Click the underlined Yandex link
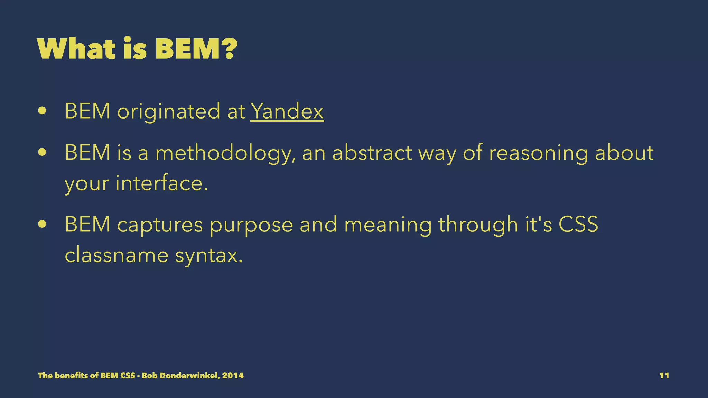(287, 111)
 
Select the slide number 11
(664, 376)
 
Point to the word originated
(168, 112)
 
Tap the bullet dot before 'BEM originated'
(43, 111)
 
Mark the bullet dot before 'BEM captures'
(43, 224)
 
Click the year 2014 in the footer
(233, 376)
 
